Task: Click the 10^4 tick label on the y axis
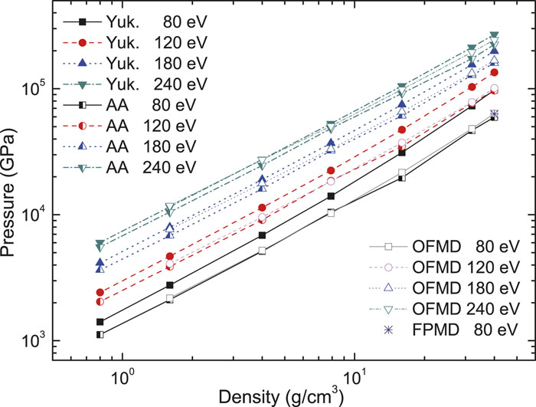tap(48, 214)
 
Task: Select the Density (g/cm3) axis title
tap(280, 396)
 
